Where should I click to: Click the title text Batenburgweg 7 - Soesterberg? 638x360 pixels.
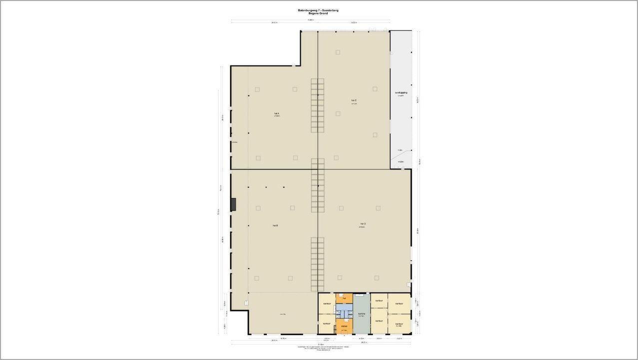(x=318, y=10)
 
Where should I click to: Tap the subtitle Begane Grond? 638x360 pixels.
(x=318, y=13)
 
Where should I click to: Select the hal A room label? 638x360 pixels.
(x=276, y=114)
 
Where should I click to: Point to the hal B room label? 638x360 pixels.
(x=275, y=225)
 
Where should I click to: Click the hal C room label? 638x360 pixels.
(x=354, y=100)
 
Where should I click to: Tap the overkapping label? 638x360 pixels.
(x=401, y=93)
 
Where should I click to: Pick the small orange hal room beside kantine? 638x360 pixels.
(x=344, y=298)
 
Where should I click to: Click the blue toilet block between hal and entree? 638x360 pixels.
(x=344, y=312)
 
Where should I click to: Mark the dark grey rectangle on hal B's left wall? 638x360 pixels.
(x=233, y=204)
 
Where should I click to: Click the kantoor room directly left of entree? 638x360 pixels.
(x=327, y=323)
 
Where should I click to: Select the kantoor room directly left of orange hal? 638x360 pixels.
(x=327, y=303)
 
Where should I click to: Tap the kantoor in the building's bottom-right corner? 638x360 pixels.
(x=399, y=323)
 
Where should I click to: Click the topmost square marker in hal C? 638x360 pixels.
(x=338, y=52)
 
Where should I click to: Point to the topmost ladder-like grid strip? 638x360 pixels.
(x=318, y=105)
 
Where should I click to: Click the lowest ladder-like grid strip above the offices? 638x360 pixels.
(x=318, y=264)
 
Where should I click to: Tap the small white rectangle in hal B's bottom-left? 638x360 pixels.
(x=246, y=302)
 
